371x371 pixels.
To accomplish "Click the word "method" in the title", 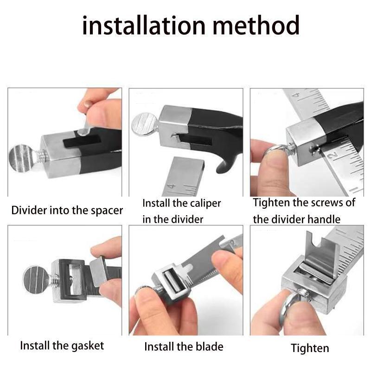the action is point(256,25).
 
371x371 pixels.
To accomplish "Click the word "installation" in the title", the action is point(144,25).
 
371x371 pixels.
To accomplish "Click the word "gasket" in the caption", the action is point(88,346).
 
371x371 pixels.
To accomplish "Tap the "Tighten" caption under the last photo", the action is point(310,348).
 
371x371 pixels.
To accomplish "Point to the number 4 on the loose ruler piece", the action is point(172,187).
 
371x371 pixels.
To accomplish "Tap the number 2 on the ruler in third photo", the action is point(333,156).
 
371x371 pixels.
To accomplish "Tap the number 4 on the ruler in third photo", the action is point(296,96).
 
